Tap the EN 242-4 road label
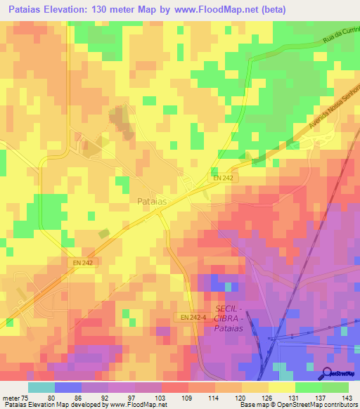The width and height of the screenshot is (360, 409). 193,318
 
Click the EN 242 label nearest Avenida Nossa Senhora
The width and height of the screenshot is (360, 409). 223,178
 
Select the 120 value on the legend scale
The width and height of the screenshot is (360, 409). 241,397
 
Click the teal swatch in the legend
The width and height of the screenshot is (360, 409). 41,387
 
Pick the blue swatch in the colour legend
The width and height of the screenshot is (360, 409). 67,387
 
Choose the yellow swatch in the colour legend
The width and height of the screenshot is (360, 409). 281,387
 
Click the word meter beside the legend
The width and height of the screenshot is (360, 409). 11,397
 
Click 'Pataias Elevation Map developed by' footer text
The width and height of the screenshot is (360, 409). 46,405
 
